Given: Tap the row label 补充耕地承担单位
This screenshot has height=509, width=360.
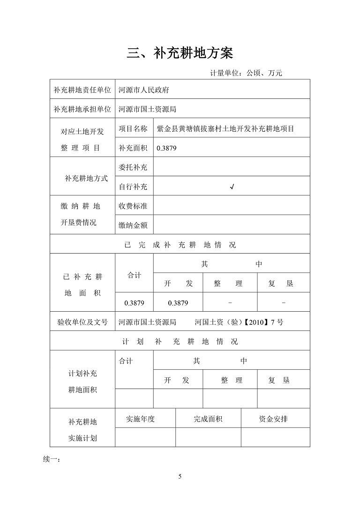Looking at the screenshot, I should tap(82, 109).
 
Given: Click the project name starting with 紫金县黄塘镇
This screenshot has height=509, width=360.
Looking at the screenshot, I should tap(225, 128).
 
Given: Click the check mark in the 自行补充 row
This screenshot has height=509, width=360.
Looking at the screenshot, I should tap(232, 187).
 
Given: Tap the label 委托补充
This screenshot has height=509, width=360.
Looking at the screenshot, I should tap(133, 167).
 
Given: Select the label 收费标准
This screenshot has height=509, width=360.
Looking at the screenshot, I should tap(133, 206).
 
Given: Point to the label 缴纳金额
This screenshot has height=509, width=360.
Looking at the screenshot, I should tap(133, 225).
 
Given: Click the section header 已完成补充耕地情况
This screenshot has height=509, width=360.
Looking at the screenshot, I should tap(180, 245).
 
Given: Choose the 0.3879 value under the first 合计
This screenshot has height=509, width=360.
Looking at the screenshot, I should tap(134, 303).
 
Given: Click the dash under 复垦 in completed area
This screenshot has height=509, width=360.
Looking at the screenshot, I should tap(284, 303).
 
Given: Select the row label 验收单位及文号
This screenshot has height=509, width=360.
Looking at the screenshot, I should tap(82, 322).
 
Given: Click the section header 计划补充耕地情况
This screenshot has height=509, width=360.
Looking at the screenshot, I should tap(180, 341).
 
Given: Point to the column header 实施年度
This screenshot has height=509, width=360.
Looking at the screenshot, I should tap(141, 419).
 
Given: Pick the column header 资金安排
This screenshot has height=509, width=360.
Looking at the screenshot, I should tap(273, 419).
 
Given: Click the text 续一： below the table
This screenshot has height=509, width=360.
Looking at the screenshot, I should tap(52, 458).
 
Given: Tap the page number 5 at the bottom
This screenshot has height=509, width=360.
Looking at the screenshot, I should tap(180, 477).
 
